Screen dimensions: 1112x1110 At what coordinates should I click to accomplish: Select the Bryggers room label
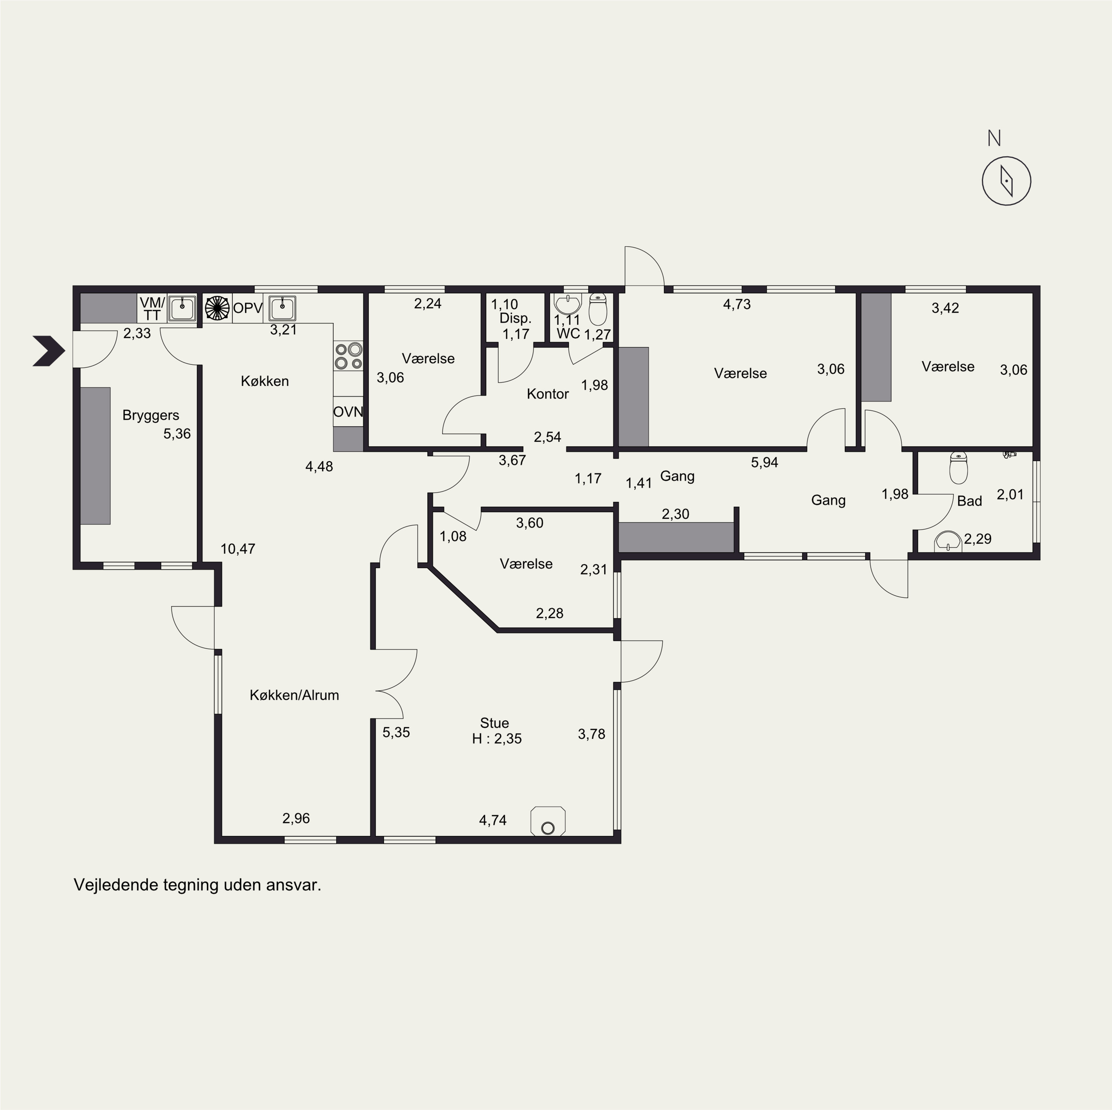click(x=151, y=415)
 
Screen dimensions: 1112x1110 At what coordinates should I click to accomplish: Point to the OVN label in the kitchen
click(x=348, y=412)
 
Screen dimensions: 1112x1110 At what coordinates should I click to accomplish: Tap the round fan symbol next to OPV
click(x=217, y=308)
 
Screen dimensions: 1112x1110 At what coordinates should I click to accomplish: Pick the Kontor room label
click(x=547, y=394)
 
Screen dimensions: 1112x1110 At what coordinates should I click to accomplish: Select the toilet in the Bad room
click(x=958, y=467)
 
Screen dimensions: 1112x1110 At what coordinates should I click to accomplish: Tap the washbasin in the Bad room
click(x=948, y=541)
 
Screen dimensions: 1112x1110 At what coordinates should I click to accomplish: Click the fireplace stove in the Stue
click(x=548, y=821)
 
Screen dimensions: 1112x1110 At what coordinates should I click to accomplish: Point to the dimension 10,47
click(x=238, y=549)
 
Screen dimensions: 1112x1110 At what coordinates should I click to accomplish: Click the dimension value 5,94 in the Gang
click(x=764, y=463)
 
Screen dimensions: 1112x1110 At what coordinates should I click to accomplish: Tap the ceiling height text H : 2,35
click(x=497, y=739)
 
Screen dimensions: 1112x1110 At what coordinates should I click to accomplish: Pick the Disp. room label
click(x=515, y=319)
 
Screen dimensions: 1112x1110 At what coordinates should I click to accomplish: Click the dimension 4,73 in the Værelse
click(x=737, y=305)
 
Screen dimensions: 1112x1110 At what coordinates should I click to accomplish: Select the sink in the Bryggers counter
click(x=182, y=309)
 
